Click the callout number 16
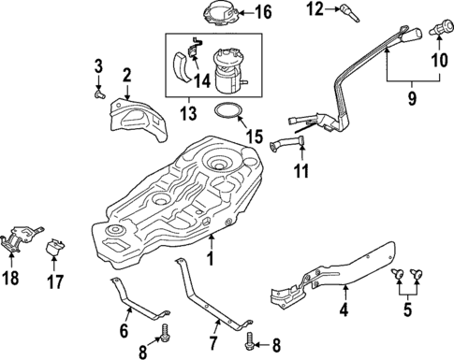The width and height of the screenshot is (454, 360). pos(262,13)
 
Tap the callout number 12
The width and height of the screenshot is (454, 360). pos(315,9)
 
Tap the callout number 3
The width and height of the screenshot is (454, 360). pos(97,65)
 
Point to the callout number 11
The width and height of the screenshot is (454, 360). pos(300,171)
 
